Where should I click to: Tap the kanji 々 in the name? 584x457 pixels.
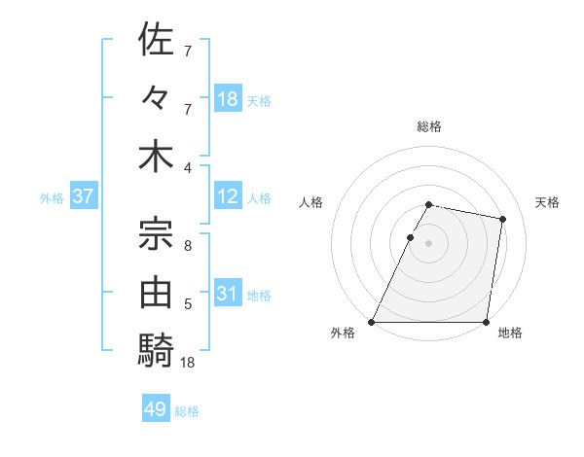pos(156,98)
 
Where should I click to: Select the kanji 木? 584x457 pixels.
pos(156,158)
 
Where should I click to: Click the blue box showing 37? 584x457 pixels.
pos(83,196)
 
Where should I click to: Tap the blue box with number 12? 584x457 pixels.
pos(228,196)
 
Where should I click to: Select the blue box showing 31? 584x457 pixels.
pos(228,294)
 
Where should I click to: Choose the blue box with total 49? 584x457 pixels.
pos(156,409)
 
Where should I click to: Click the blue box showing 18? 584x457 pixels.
pos(228,99)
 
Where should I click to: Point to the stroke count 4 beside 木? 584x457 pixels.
pos(188,167)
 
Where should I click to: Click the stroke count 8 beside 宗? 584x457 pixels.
pos(188,246)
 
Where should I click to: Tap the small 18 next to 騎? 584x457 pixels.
pos(189,364)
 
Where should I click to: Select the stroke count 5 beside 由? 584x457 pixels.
pos(188,304)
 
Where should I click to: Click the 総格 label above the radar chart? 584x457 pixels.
pos(429,126)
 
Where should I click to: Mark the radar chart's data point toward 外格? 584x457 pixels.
pos(372,321)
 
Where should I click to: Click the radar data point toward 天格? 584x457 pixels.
pos(502,220)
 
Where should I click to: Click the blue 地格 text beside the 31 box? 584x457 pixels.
pos(260,295)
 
